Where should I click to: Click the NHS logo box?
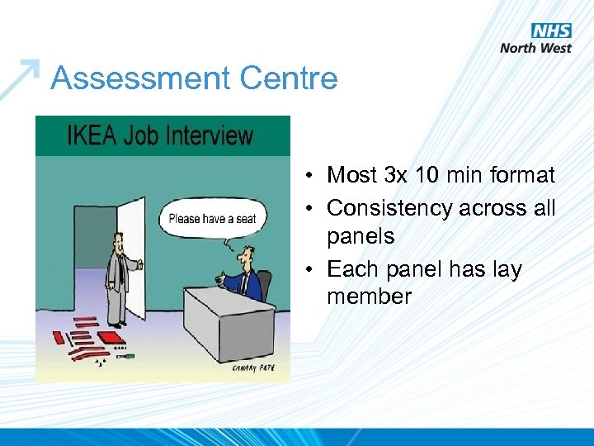coord(550,31)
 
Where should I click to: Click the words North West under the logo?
coord(535,48)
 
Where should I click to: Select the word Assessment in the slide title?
coord(136,78)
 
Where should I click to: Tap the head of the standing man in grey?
coord(117,242)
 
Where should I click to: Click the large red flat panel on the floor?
coord(106,338)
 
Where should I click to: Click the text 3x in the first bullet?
coord(399,175)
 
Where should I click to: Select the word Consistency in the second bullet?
coord(384,208)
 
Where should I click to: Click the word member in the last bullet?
coord(369,297)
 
